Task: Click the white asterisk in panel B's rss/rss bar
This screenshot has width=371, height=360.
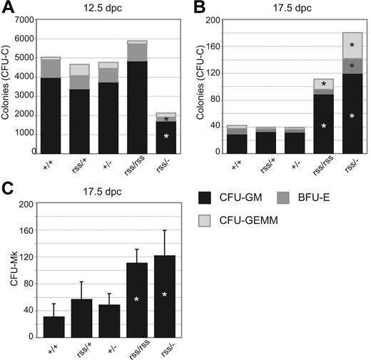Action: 324,126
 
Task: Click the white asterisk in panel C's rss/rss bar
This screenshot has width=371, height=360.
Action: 137,299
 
